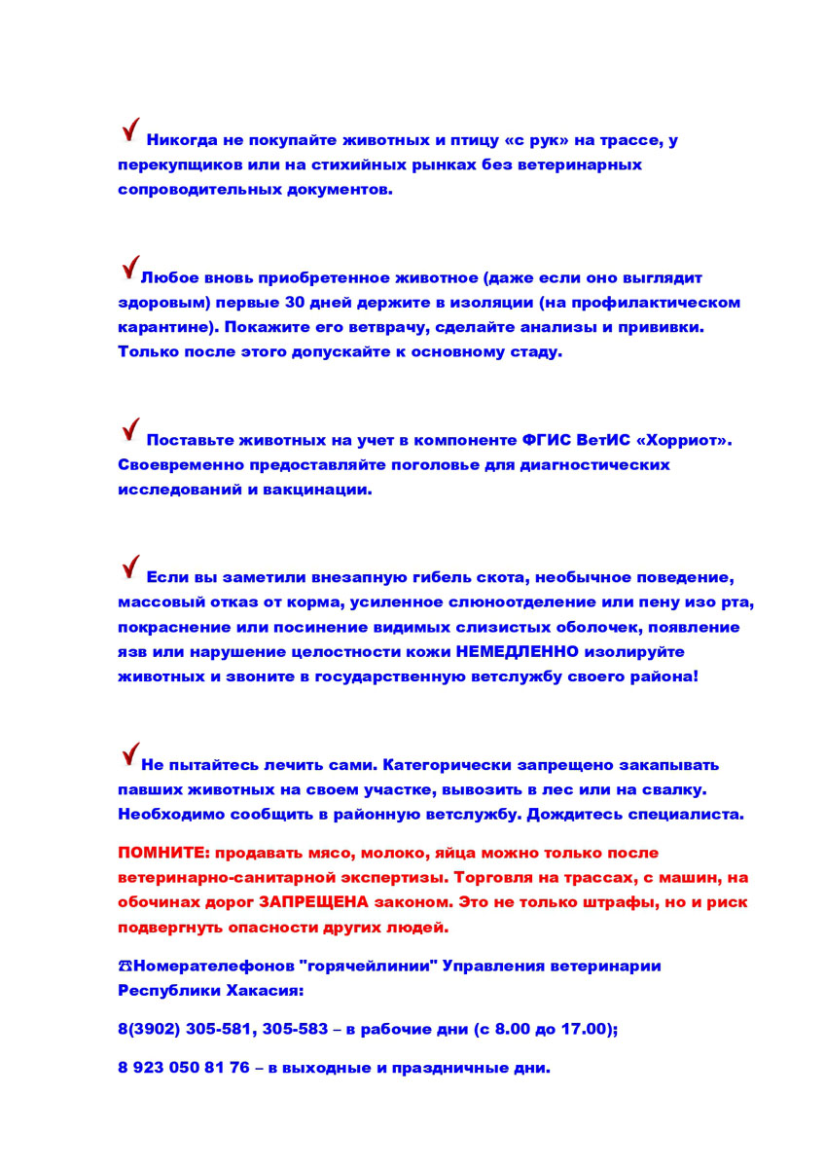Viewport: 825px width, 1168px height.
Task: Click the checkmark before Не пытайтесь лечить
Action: [129, 753]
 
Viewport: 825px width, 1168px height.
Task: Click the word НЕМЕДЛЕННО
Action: [517, 650]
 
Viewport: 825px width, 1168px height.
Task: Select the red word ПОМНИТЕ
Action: [162, 853]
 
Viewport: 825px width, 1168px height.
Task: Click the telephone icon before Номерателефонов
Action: [125, 967]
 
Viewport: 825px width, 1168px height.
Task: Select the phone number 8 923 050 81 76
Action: [184, 1068]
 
